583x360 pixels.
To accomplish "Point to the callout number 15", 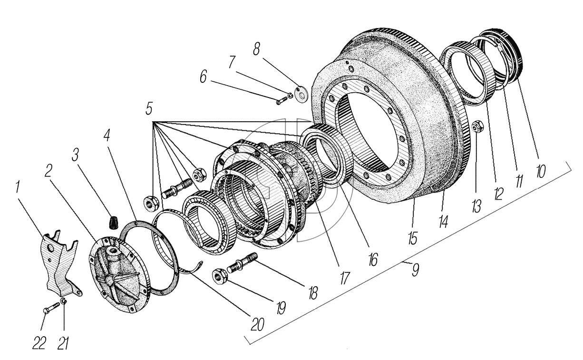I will click(x=412, y=236).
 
